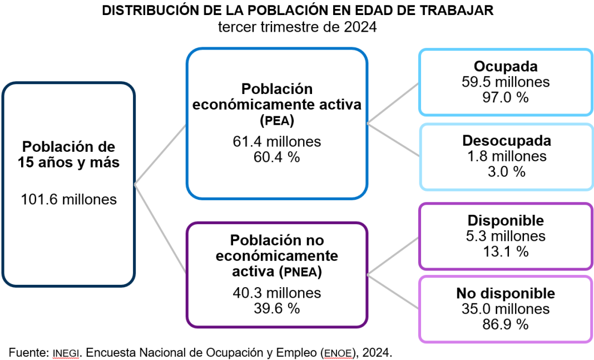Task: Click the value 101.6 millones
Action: pyautogui.click(x=69, y=199)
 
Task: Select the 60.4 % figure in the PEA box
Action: pyautogui.click(x=276, y=157)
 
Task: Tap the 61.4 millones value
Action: pyautogui.click(x=276, y=142)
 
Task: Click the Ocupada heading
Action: pyautogui.click(x=506, y=67)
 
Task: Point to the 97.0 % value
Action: pyautogui.click(x=506, y=97)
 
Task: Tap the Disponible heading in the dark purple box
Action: pyautogui.click(x=506, y=221)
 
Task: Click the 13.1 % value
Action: pyautogui.click(x=506, y=251)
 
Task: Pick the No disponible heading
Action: pyautogui.click(x=506, y=293)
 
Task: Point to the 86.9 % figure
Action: pyautogui.click(x=506, y=324)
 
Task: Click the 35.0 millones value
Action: pyautogui.click(x=506, y=309)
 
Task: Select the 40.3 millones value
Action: pyautogui.click(x=276, y=293)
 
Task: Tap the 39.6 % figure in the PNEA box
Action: pyautogui.click(x=276, y=308)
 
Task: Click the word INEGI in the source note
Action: pyautogui.click(x=66, y=352)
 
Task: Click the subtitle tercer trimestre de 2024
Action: pyautogui.click(x=297, y=27)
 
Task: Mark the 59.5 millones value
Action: pyautogui.click(x=506, y=82)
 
